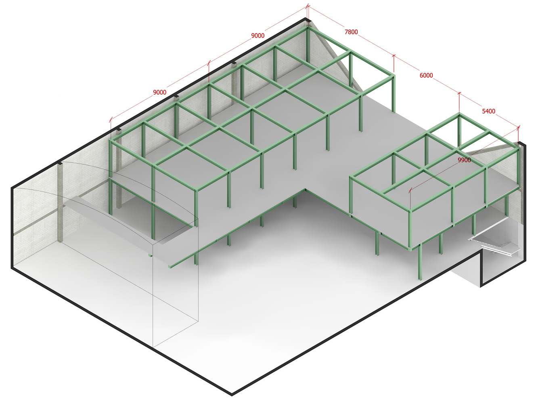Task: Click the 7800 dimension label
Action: [x=351, y=32]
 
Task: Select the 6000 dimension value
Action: [x=426, y=75]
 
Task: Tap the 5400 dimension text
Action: [x=488, y=111]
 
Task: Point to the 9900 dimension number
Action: [x=464, y=160]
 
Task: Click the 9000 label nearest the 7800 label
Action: [x=257, y=36]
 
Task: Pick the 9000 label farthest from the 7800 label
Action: [x=159, y=92]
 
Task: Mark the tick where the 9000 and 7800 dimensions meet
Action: [x=308, y=6]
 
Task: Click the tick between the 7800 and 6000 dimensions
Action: [x=394, y=56]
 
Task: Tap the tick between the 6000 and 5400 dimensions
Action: [x=459, y=93]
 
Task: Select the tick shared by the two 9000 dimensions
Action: [x=209, y=63]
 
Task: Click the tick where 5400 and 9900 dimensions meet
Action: [x=518, y=127]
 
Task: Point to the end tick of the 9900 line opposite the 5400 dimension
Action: [x=410, y=189]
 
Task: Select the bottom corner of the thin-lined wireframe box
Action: [x=153, y=347]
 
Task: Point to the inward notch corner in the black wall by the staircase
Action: [x=480, y=253]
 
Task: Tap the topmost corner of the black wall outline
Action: [x=306, y=18]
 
